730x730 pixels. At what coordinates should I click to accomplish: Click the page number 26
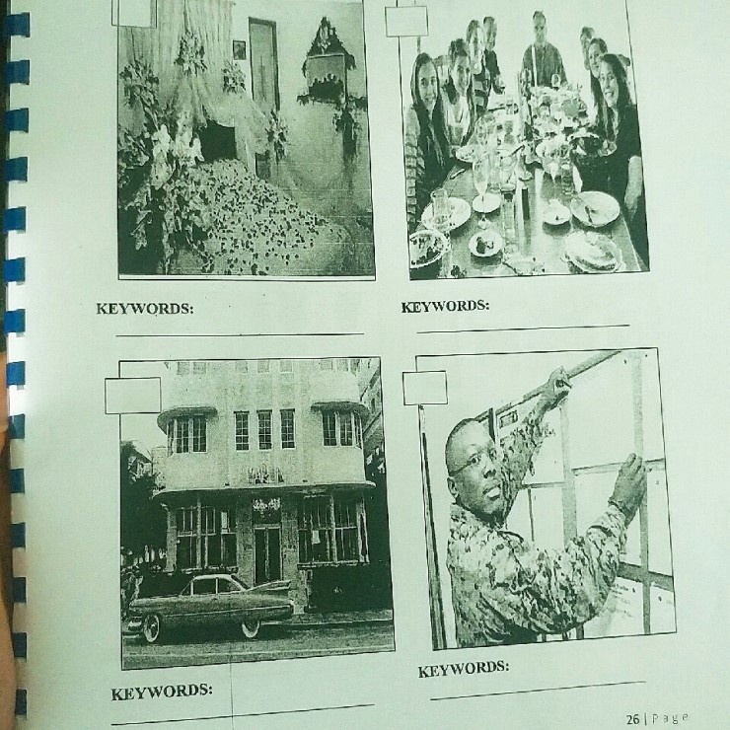(x=632, y=719)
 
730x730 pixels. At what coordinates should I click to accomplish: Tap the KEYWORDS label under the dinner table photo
(x=445, y=307)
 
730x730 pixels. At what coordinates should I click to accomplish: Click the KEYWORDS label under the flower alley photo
(x=145, y=309)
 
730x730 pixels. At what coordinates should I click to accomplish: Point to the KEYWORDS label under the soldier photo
(x=464, y=669)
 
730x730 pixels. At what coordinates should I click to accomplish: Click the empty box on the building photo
(x=133, y=396)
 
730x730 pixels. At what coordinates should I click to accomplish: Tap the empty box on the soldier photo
(x=424, y=388)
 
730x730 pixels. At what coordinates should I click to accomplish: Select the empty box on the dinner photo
(x=406, y=21)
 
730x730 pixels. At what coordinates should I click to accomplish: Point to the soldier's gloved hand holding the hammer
(x=558, y=383)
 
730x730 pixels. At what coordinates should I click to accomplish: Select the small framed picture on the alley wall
(x=239, y=49)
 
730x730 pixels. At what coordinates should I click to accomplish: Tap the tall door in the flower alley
(x=263, y=65)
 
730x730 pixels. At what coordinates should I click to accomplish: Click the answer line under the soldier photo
(x=538, y=691)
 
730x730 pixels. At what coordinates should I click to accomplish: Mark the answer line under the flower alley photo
(x=240, y=333)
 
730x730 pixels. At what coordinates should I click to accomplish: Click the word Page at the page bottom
(x=669, y=718)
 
